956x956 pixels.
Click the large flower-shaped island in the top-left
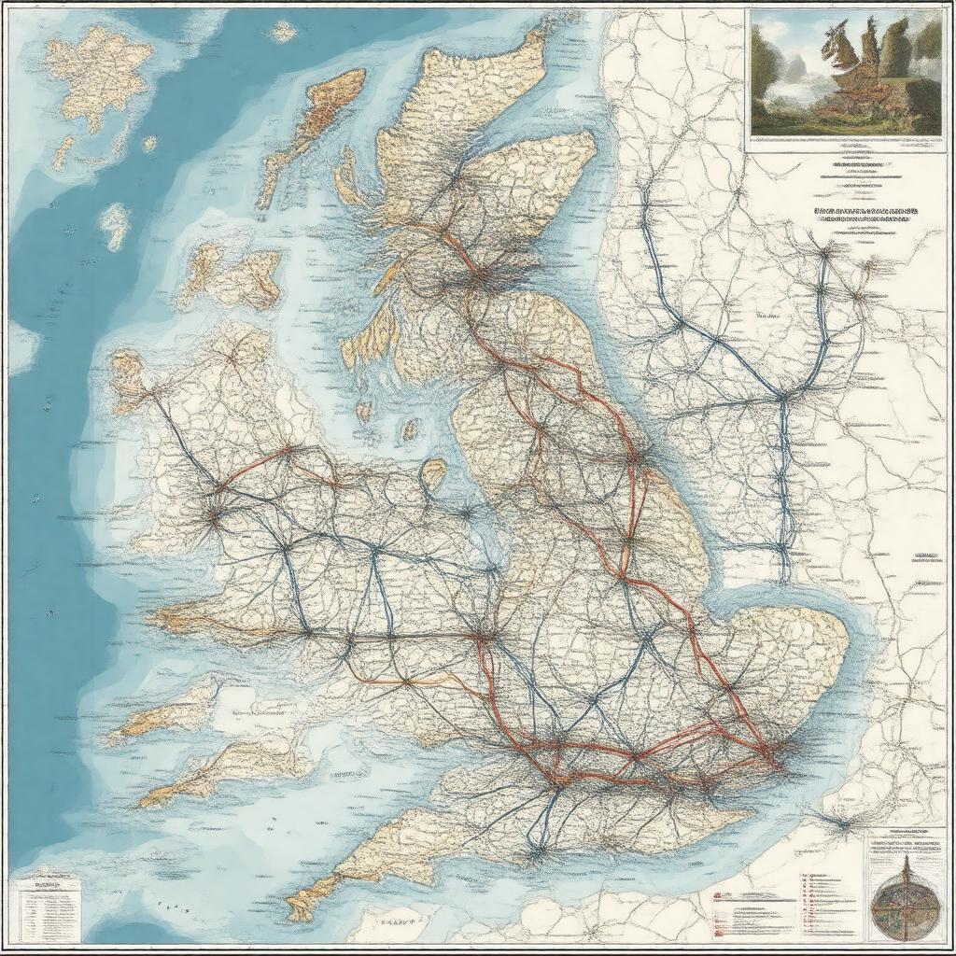click(98, 75)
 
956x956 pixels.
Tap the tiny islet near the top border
click(282, 31)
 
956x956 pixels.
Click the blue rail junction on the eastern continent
click(782, 397)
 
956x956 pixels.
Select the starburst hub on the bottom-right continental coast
click(840, 823)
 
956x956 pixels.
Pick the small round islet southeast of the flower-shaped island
click(149, 144)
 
